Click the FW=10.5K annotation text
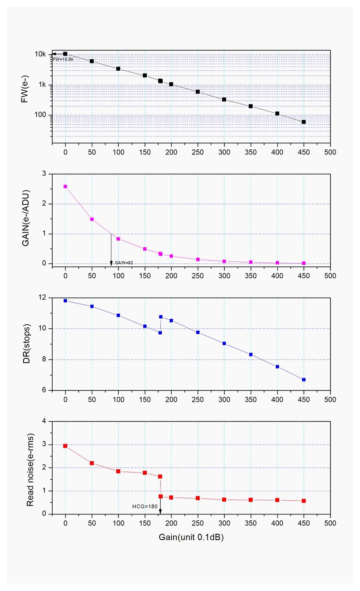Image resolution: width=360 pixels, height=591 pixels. (x=63, y=60)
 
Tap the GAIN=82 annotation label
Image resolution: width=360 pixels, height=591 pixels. (x=124, y=263)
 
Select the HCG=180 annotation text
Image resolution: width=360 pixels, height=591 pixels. (x=145, y=506)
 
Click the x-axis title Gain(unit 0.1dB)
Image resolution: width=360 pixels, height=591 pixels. (x=191, y=537)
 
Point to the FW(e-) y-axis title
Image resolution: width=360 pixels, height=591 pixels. (x=25, y=94)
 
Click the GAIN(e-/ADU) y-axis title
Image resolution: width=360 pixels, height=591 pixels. (x=26, y=218)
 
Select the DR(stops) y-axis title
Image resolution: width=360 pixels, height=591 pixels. (x=26, y=344)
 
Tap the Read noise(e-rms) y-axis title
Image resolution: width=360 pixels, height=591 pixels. (x=30, y=470)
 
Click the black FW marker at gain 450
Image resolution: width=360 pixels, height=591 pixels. (x=304, y=122)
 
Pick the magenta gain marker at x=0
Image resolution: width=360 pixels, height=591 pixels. (x=65, y=187)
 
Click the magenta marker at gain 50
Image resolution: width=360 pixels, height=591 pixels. (x=92, y=219)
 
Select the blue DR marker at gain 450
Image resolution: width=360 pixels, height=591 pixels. (x=304, y=380)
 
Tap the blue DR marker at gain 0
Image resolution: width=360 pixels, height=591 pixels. (x=65, y=301)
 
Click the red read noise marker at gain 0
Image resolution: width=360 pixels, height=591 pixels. (x=65, y=446)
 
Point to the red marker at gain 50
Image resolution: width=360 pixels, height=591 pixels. (x=92, y=463)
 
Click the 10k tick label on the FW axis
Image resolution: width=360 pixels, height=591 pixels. (x=40, y=54)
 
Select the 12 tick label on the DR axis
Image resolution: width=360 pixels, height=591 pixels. (x=42, y=298)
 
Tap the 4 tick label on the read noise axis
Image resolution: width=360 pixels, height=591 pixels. (x=44, y=421)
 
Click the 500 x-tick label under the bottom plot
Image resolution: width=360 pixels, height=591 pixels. (x=330, y=523)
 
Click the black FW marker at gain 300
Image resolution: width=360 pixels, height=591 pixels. (x=224, y=100)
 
